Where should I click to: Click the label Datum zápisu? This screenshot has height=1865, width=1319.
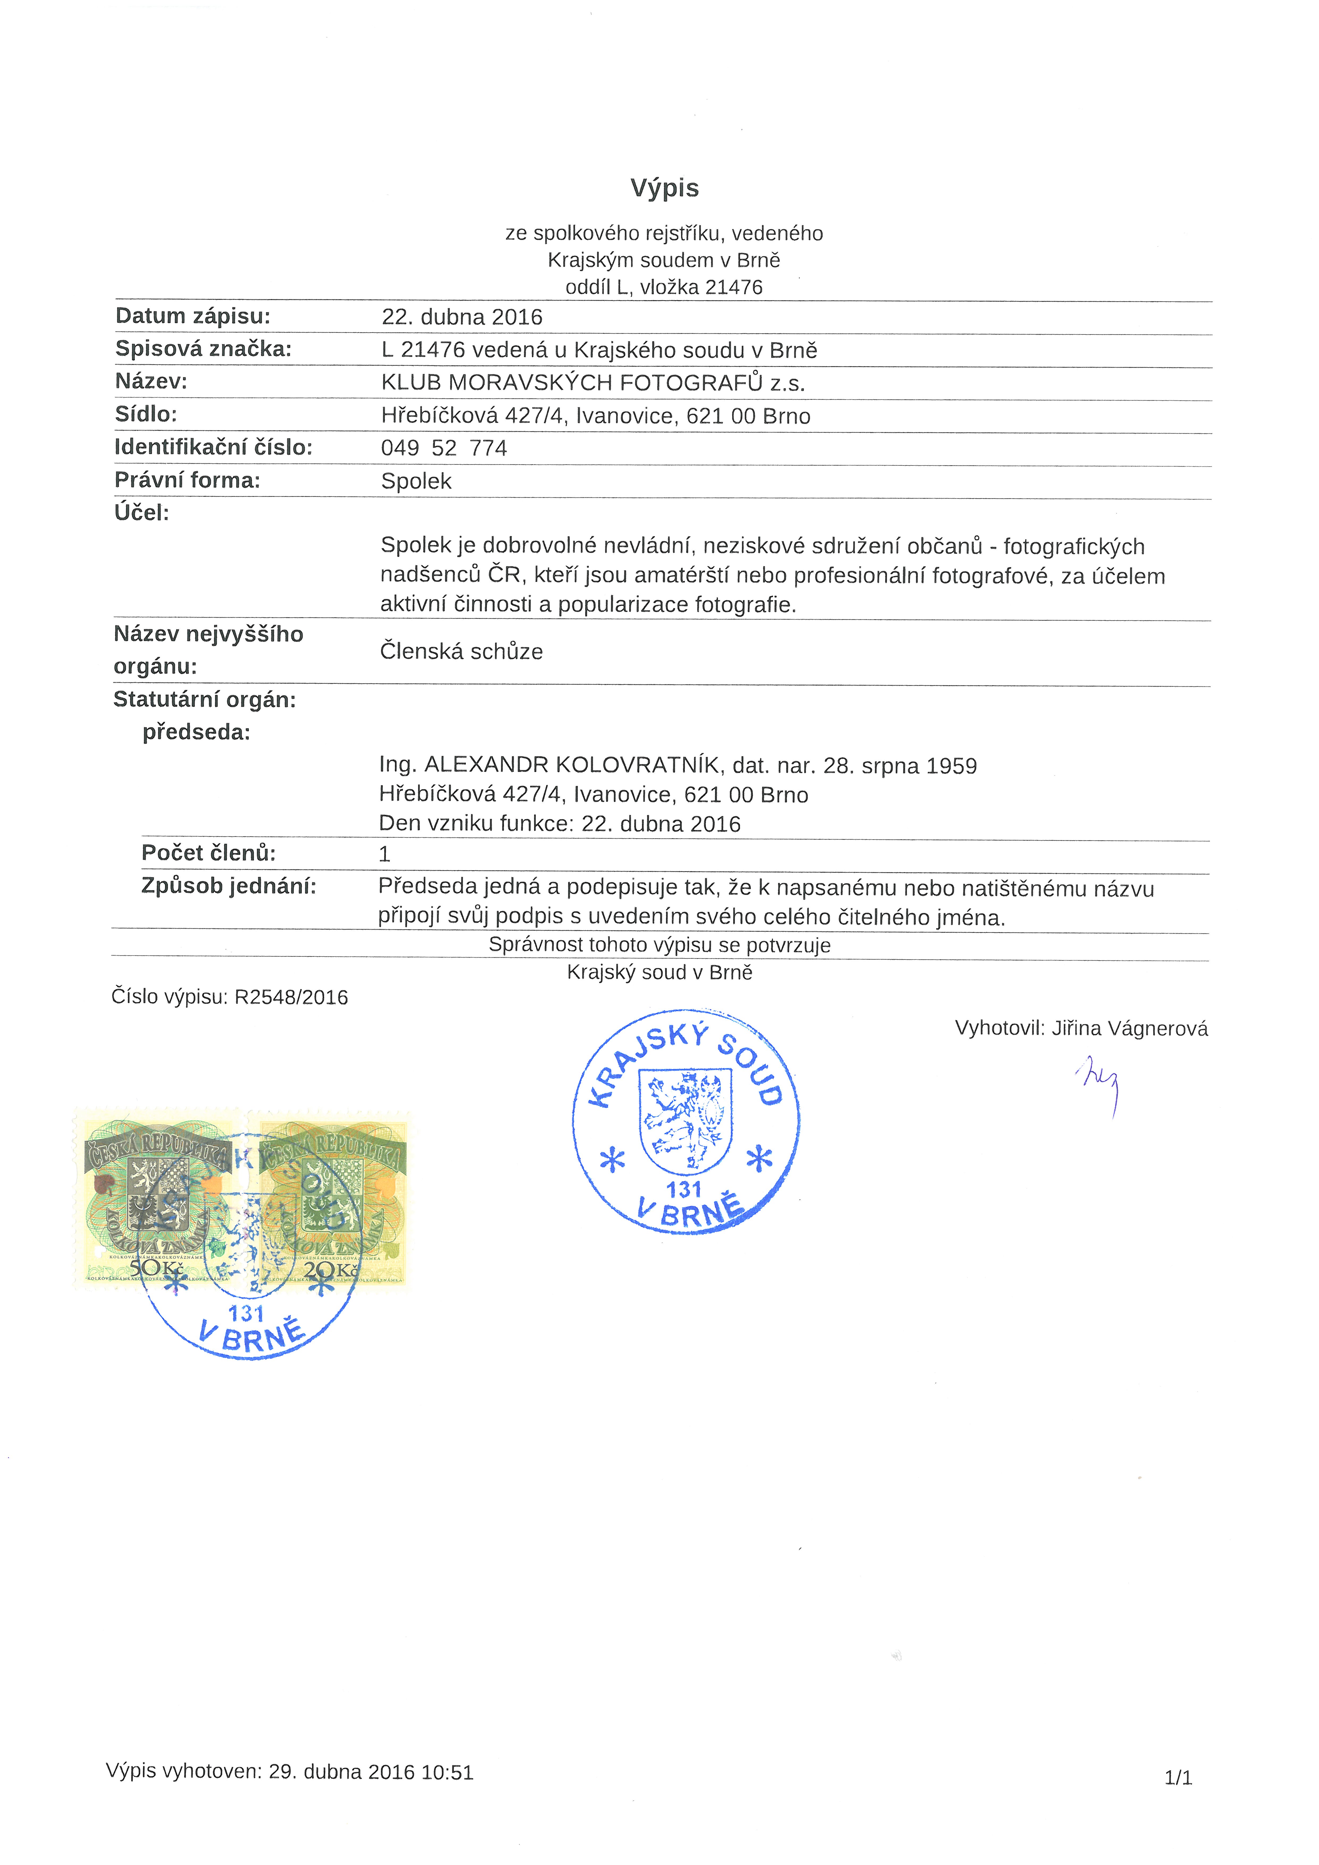193,316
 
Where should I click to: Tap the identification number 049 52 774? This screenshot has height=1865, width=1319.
444,449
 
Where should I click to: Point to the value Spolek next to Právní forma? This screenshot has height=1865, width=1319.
416,482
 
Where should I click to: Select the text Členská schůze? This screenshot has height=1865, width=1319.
461,651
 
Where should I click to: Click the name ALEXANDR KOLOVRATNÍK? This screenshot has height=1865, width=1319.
572,765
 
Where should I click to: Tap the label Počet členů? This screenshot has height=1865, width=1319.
208,853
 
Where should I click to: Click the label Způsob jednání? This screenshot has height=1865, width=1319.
228,886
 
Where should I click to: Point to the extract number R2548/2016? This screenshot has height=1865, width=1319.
291,998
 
